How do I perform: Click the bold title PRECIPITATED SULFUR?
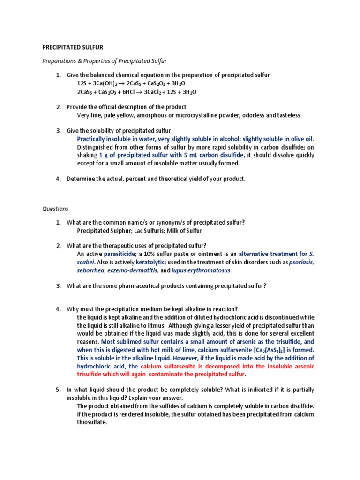73,47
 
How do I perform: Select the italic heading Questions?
55,209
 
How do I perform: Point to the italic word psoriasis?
301,262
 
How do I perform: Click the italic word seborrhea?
91,270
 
